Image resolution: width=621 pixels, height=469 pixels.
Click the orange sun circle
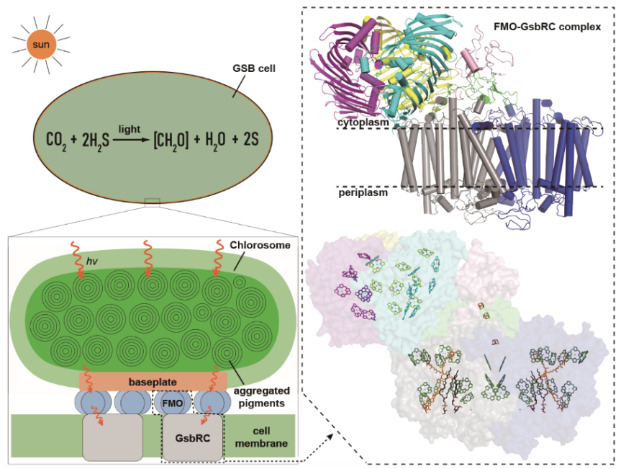(x=41, y=44)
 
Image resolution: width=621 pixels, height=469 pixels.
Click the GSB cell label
(x=254, y=68)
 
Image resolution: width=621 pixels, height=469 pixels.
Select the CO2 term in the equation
(x=56, y=140)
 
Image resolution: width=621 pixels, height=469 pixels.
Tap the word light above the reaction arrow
(x=129, y=129)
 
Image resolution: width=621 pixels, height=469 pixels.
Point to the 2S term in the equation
(x=250, y=139)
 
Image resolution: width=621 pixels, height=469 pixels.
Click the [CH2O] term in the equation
(x=171, y=140)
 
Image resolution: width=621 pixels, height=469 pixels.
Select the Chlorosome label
(x=260, y=245)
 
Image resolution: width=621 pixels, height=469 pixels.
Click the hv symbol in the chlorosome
(x=91, y=261)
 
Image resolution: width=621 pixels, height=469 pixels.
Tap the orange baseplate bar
(x=153, y=382)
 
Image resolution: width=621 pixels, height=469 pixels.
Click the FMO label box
(x=173, y=403)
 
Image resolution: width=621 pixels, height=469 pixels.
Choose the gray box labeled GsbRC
(x=192, y=438)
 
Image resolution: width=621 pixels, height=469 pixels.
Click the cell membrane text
(x=261, y=437)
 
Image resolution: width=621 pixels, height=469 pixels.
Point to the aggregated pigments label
(x=261, y=397)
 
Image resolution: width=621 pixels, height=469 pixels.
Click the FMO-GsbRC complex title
(x=548, y=27)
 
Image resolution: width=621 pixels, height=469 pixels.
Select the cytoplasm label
(x=363, y=122)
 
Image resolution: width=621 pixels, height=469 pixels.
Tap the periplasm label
(x=363, y=192)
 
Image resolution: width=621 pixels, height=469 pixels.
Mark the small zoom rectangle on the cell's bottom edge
(x=153, y=202)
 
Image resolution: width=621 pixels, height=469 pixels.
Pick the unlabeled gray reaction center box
(x=112, y=438)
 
